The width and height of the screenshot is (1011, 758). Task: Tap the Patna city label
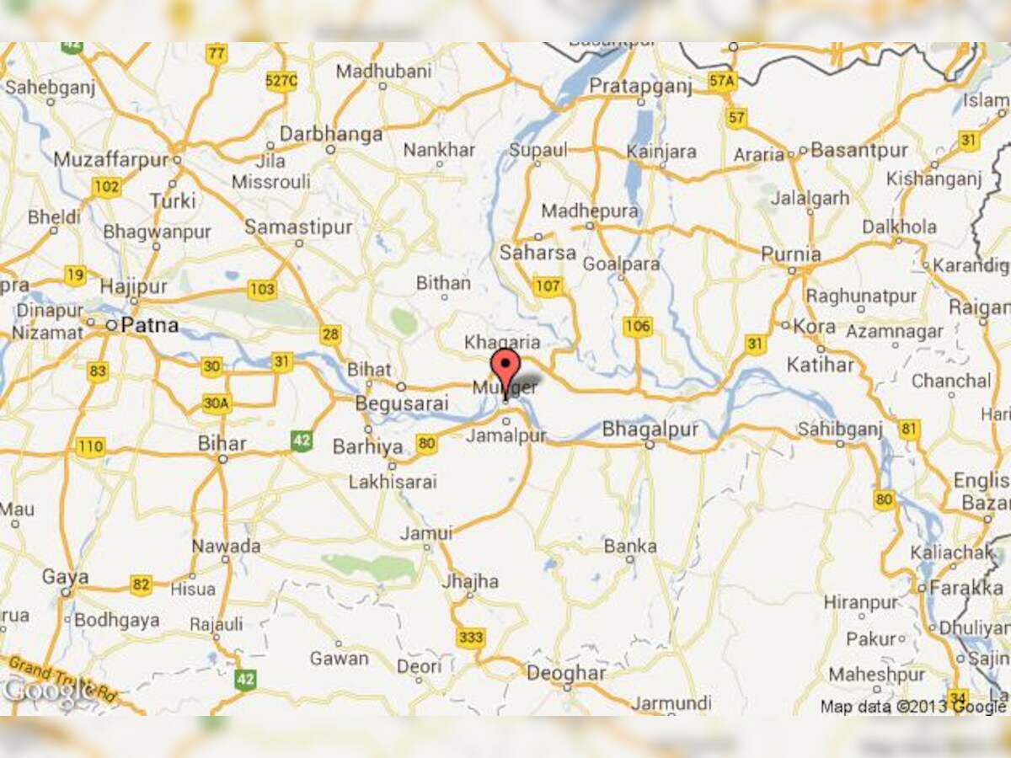point(150,325)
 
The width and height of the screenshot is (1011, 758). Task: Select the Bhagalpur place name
point(650,430)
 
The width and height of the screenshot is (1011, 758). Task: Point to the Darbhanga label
point(330,134)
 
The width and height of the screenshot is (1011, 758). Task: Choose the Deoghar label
point(565,674)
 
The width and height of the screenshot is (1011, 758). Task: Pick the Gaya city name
point(61,577)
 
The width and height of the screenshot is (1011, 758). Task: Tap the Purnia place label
point(790,254)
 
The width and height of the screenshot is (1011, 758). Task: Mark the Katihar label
point(820,365)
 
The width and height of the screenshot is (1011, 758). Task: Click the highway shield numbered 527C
point(281,81)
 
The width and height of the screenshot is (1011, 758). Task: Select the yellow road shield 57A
point(722,81)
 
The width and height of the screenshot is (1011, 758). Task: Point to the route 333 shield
point(470,638)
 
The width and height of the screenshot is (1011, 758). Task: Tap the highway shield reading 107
point(548,286)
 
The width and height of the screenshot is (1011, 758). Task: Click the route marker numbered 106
point(638,326)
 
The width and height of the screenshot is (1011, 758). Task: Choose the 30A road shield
point(216,403)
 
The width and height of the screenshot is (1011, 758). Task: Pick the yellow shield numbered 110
point(90,447)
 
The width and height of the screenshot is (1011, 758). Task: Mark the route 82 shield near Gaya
point(141,585)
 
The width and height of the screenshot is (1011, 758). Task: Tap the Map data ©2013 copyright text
point(912,707)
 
